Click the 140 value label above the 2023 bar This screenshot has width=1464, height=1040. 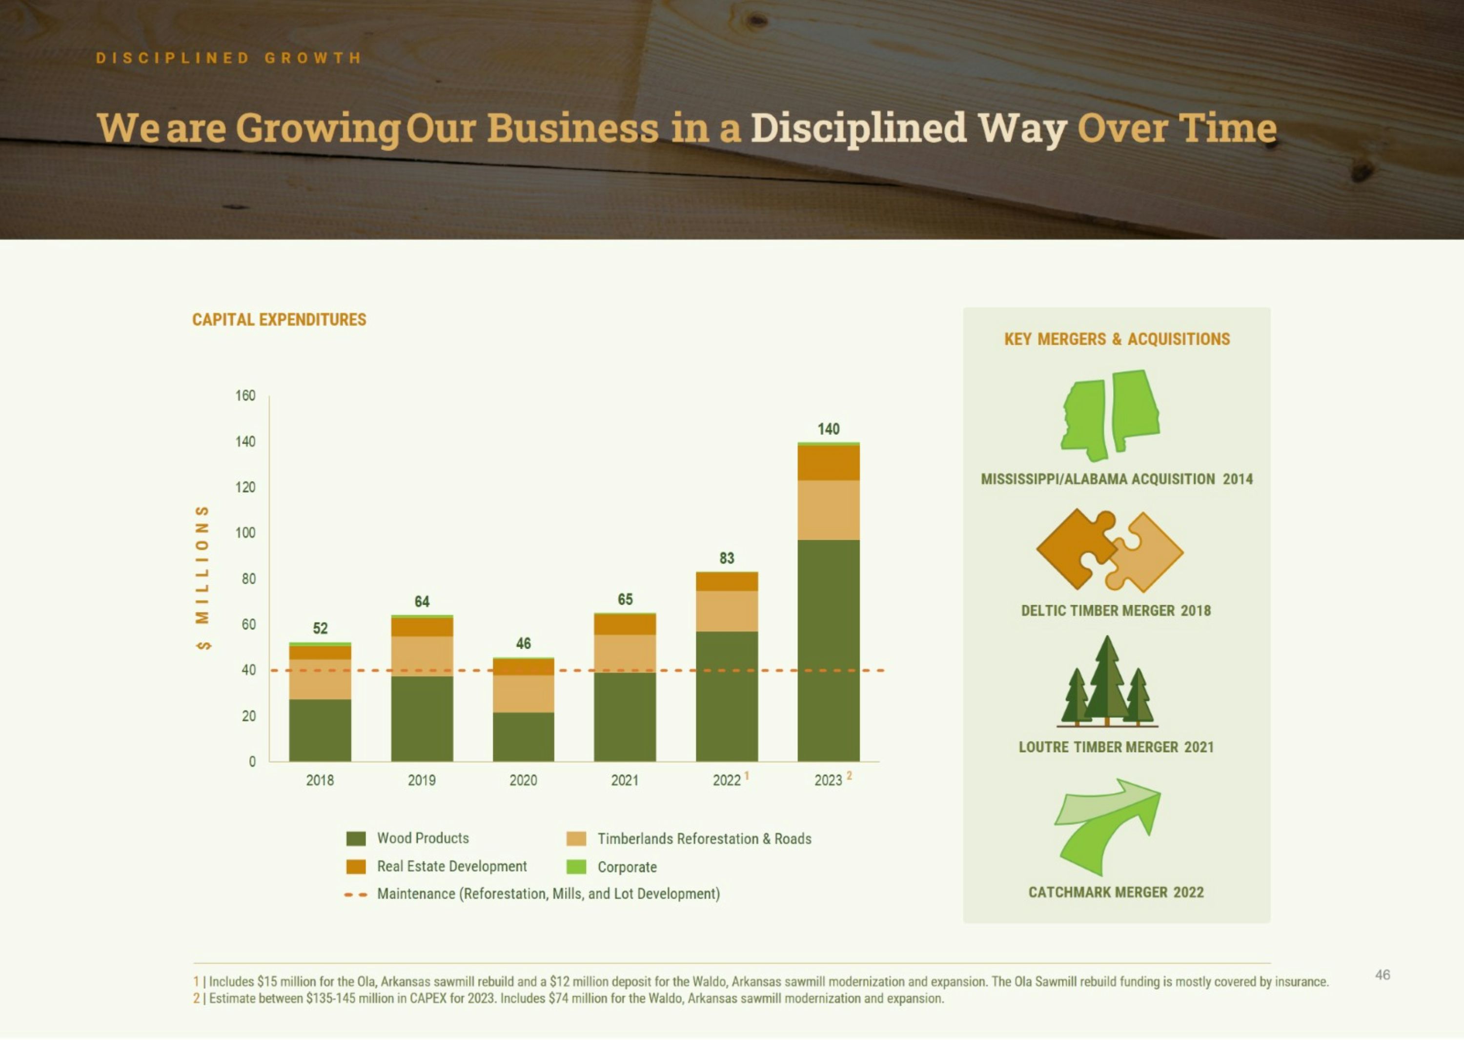pos(828,429)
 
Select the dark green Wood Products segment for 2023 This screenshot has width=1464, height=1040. pos(828,651)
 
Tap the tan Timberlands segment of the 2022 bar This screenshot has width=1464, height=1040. pos(727,611)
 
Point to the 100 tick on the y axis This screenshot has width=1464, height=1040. pos(245,533)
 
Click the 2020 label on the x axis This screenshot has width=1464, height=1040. pos(523,780)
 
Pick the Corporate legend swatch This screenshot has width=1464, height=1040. pos(576,866)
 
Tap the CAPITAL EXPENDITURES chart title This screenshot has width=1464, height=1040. pos(279,320)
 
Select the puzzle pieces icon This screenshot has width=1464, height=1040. pos(1110,550)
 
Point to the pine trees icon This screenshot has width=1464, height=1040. pos(1107,681)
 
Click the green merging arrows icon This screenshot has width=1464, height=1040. pos(1107,827)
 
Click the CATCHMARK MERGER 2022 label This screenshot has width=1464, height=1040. pos(1116,892)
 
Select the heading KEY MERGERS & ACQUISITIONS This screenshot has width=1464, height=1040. pos(1117,339)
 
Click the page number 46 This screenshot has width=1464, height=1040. pos(1383,975)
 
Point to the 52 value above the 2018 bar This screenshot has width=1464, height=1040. pos(320,628)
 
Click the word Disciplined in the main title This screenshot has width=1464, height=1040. pos(858,127)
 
